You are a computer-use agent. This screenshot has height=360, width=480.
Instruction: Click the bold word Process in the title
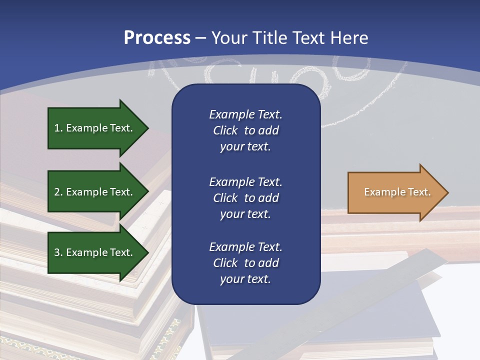coord(157,38)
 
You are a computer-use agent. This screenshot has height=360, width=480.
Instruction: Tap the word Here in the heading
coord(348,38)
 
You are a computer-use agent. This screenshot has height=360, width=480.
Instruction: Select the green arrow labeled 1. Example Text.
coord(93,128)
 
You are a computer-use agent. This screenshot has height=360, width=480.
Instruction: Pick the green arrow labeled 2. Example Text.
coord(93,192)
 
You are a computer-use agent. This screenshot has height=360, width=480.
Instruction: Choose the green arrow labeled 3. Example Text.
coord(93,252)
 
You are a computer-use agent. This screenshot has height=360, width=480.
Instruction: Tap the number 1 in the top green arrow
coord(57,128)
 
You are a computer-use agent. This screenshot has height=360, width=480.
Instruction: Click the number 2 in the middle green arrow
coord(57,192)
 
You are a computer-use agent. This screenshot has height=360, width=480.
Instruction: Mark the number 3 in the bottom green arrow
coord(57,252)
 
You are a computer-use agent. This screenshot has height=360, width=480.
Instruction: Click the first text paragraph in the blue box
coord(245,130)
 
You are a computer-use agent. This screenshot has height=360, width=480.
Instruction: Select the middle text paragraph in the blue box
coord(245,198)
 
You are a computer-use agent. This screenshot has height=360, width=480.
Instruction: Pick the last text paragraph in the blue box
coord(245,263)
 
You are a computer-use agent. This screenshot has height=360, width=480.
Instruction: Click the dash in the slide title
coord(201,38)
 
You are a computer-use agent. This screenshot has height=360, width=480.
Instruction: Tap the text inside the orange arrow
coord(397,192)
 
